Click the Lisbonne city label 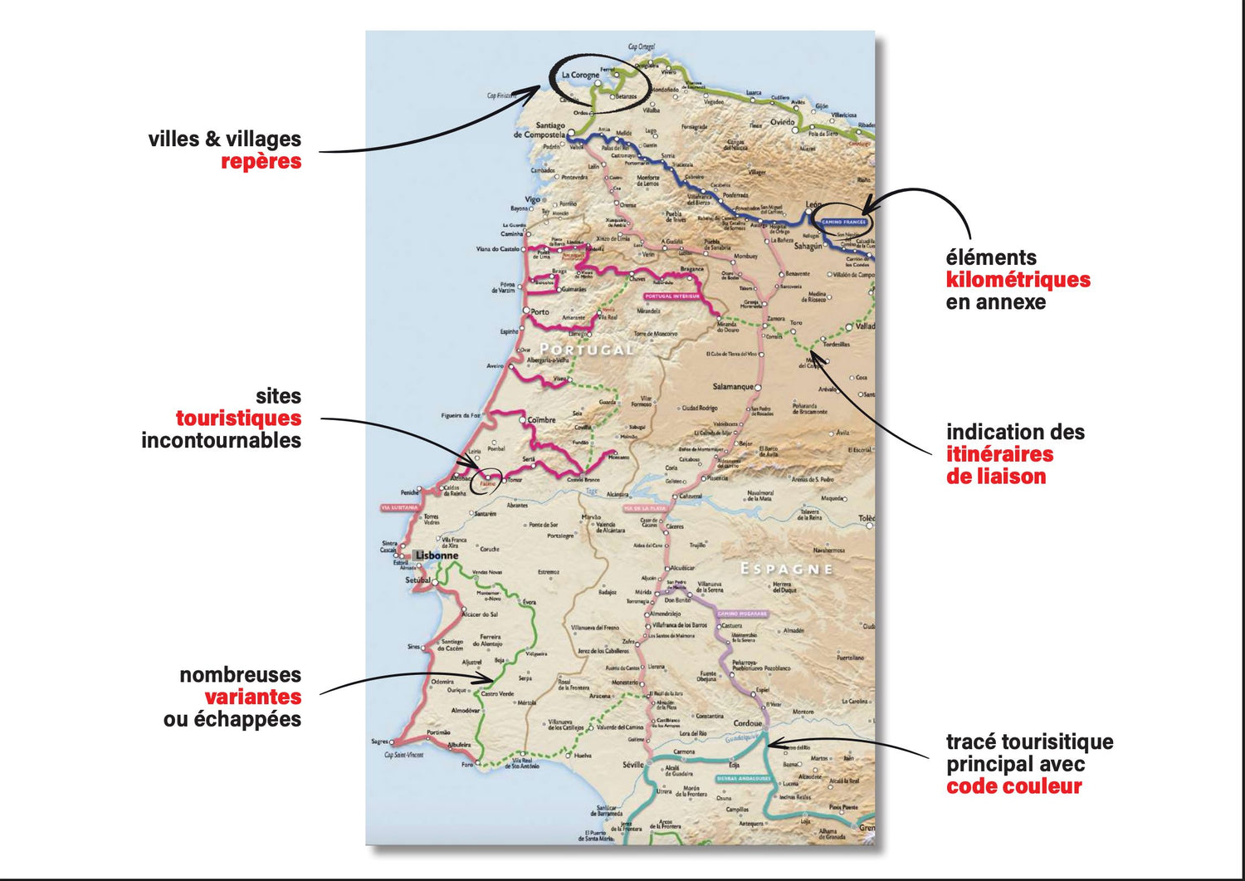[437, 556]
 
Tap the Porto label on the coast [539, 312]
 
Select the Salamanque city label [733, 387]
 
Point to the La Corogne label [580, 75]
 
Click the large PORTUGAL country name [586, 350]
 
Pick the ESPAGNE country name [786, 569]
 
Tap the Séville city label [632, 765]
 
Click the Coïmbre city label [541, 420]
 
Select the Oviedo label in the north [782, 122]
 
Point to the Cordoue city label [747, 723]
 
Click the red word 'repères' [261, 161]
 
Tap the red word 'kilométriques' [1018, 280]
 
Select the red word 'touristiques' [238, 418]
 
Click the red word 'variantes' [252, 697]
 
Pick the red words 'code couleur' [1013, 786]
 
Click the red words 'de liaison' [995, 477]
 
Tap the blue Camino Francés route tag [843, 223]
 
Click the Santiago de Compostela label [540, 130]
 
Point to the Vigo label [532, 199]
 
